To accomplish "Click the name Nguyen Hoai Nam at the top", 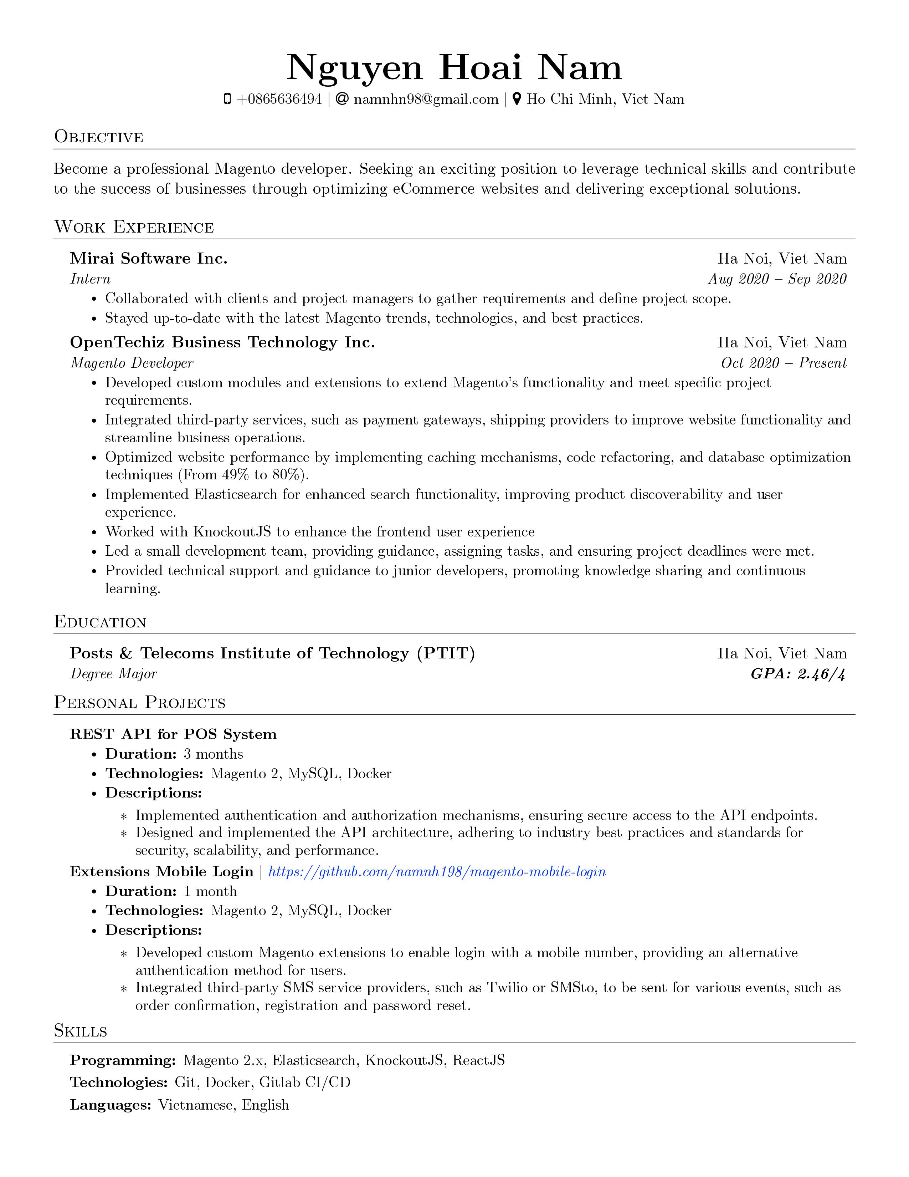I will pos(454,68).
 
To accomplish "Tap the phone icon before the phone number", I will pos(227,99).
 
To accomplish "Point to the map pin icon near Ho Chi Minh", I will pos(517,99).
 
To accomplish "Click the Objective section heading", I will pos(98,137).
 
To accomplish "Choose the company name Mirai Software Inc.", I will pos(149,259).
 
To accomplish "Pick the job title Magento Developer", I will pos(132,363).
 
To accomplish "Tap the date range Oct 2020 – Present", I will pos(784,363).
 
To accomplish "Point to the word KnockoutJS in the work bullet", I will pos(232,532).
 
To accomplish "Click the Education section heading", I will pos(100,622).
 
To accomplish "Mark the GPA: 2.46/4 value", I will pos(798,674).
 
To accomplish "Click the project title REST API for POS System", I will pos(173,734).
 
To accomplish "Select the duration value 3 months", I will pos(213,754).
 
